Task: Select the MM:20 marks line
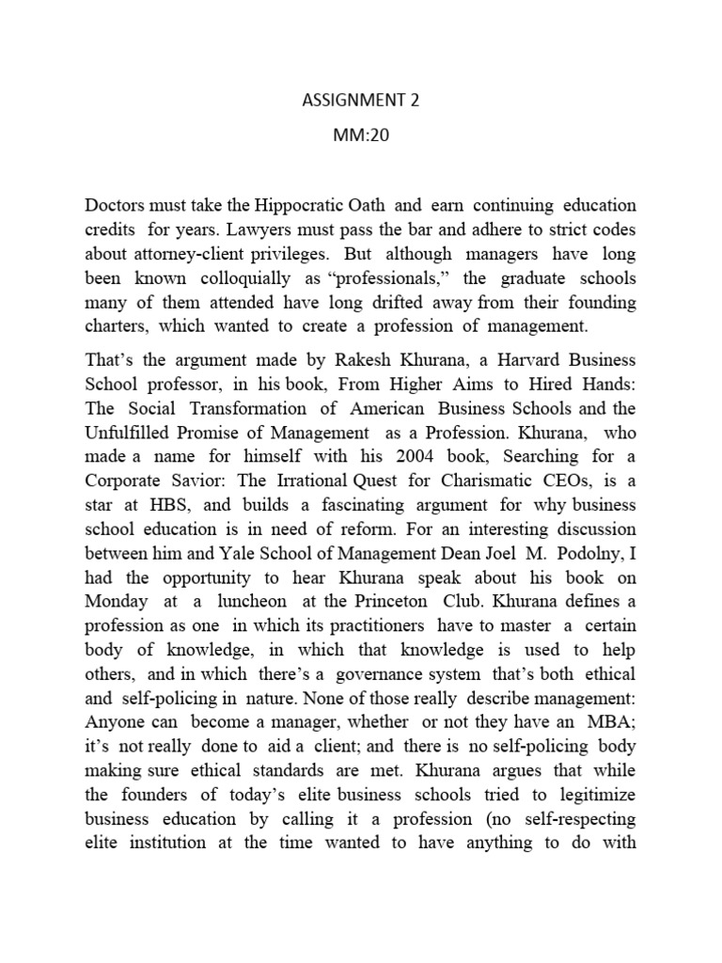(x=360, y=134)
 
